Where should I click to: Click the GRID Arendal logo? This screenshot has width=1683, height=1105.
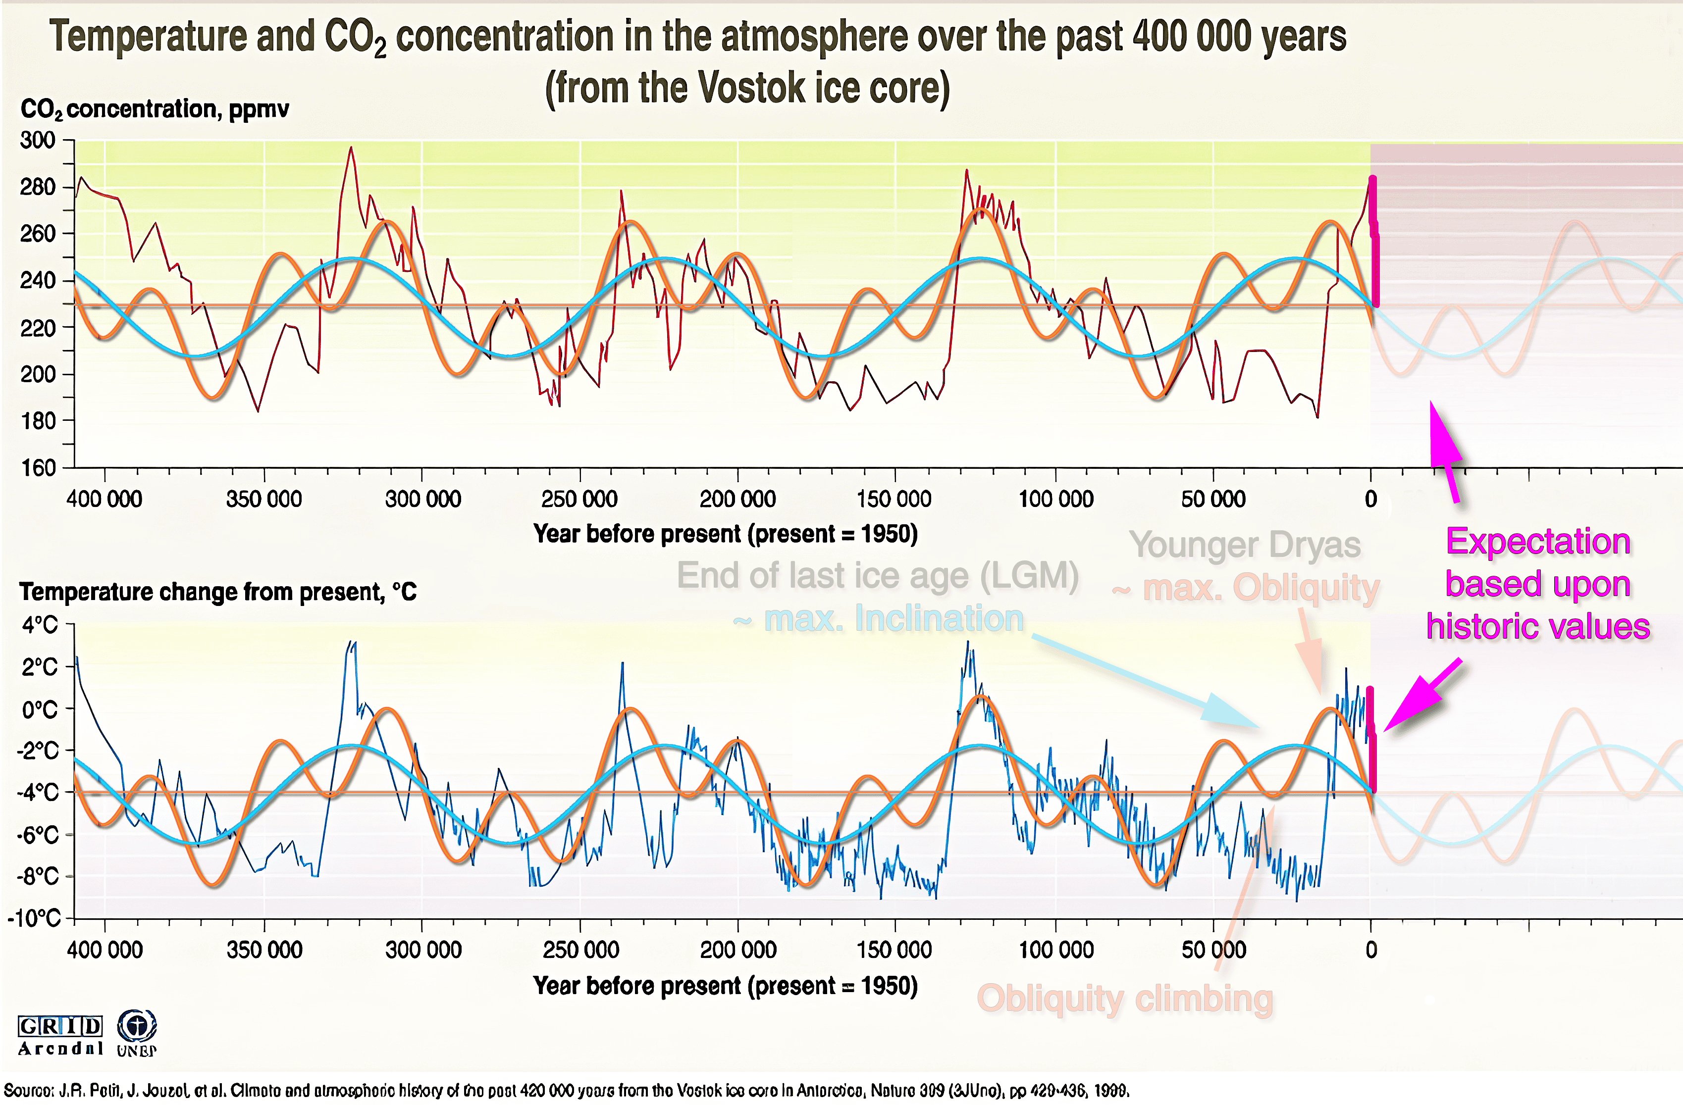pyautogui.click(x=60, y=1035)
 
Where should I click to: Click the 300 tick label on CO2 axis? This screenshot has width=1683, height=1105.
pyautogui.click(x=38, y=140)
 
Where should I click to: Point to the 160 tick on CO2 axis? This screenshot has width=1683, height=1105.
pyautogui.click(x=38, y=467)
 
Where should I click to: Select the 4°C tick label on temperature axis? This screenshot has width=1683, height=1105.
pyautogui.click(x=40, y=625)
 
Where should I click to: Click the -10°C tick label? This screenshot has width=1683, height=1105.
pyautogui.click(x=34, y=918)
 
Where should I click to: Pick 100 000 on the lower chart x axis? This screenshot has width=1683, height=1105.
pyautogui.click(x=1056, y=950)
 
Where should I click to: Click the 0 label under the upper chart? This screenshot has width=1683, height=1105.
pyautogui.click(x=1370, y=499)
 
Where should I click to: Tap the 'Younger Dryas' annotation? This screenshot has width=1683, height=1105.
pyautogui.click(x=1245, y=545)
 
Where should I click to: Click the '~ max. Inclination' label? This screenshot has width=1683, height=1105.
pyautogui.click(x=879, y=619)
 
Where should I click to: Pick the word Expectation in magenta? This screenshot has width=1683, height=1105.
pyautogui.click(x=1538, y=542)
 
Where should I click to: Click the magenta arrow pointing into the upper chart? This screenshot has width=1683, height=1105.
pyautogui.click(x=1444, y=450)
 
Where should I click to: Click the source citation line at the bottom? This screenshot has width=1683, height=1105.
pyautogui.click(x=566, y=1090)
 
